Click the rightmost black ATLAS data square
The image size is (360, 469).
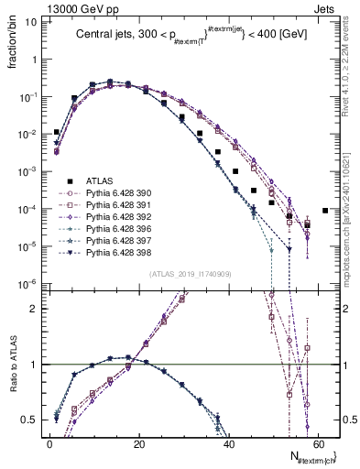[325, 211]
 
